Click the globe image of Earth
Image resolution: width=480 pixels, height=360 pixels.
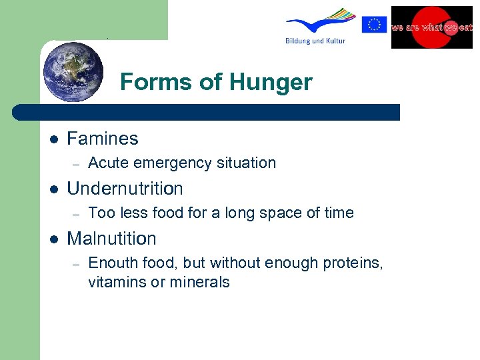pos(73,72)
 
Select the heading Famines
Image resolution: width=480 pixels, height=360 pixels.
pos(103,139)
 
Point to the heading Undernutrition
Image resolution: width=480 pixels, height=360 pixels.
pos(125,189)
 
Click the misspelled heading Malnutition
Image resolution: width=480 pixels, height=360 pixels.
pos(111,239)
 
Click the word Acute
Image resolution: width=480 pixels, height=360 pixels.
pos(108,163)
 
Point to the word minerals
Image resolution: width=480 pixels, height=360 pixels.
pos(199,282)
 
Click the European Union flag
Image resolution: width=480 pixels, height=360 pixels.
pos(374,25)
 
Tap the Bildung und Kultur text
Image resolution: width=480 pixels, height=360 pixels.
pos(314,41)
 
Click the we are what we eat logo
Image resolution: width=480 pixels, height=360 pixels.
pos(431,27)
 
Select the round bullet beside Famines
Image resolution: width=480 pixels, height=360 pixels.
pos(54,139)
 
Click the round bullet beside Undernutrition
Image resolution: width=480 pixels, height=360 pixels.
pos(54,189)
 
